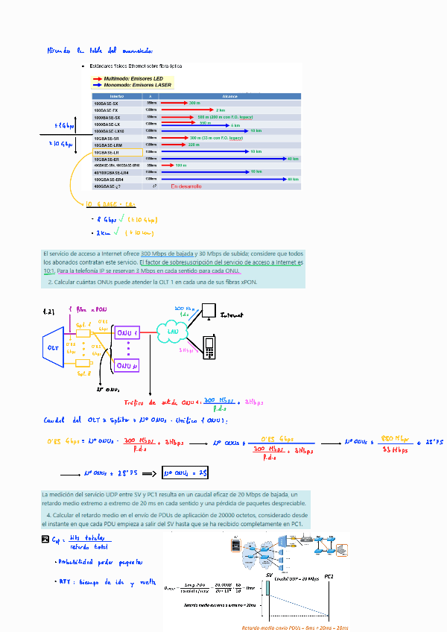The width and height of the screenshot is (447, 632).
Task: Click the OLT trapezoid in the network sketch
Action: pyautogui.click(x=54, y=347)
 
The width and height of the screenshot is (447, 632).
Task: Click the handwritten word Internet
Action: pyautogui.click(x=232, y=315)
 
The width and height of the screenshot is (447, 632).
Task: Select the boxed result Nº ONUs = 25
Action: pyautogui.click(x=184, y=473)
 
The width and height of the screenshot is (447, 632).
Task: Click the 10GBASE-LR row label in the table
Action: pyautogui.click(x=106, y=152)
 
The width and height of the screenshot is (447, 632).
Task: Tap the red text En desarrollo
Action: pyautogui.click(x=186, y=186)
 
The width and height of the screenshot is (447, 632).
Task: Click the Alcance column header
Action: pyautogui.click(x=229, y=96)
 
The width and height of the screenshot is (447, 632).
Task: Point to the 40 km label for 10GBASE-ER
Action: pyautogui.click(x=292, y=159)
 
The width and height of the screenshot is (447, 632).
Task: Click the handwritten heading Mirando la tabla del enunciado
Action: pyautogui.click(x=100, y=51)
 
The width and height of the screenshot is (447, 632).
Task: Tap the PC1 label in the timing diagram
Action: pyautogui.click(x=329, y=576)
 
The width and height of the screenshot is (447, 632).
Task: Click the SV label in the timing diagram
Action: pyautogui.click(x=267, y=576)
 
